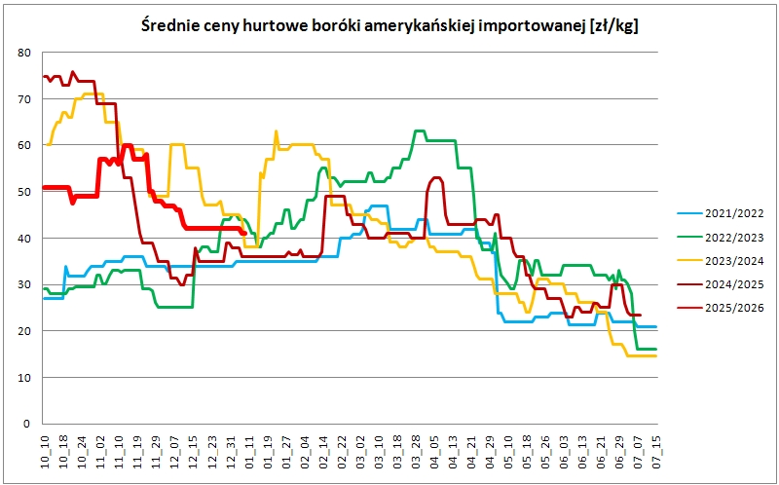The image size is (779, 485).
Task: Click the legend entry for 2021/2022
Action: (x=721, y=213)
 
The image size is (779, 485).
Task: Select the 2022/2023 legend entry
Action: (x=721, y=237)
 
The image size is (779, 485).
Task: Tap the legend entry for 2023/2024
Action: (x=721, y=261)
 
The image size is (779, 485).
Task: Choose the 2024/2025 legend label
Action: (x=721, y=284)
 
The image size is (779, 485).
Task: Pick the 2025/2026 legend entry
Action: (x=721, y=309)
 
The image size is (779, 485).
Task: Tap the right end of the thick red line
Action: (x=245, y=233)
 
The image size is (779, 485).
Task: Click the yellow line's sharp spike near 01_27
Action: (x=277, y=131)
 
